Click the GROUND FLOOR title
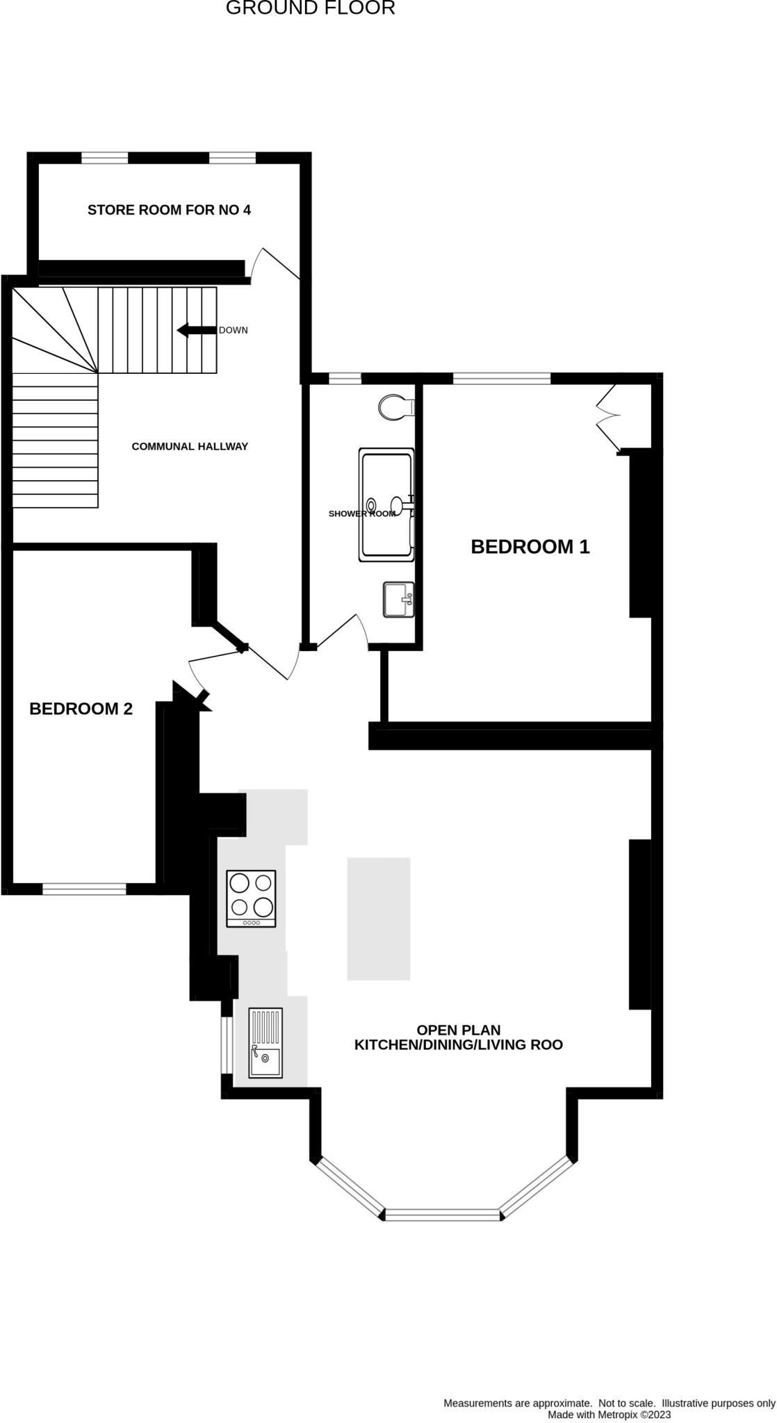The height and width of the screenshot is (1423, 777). [310, 8]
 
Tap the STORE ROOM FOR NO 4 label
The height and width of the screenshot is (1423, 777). [169, 210]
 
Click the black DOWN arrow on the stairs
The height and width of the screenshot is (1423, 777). [197, 330]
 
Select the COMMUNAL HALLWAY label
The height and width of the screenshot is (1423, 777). [190, 446]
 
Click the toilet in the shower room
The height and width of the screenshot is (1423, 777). [397, 408]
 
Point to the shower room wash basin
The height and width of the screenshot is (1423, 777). [398, 599]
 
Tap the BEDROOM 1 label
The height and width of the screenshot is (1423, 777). [530, 547]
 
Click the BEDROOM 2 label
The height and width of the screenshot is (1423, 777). [81, 709]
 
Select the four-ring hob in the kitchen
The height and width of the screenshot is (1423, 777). [251, 898]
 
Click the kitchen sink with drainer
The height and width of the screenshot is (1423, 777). [265, 1042]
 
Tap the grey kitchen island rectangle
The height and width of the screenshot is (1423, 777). [378, 919]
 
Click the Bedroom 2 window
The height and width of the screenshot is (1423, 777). [84, 888]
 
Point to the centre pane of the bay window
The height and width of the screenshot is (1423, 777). [442, 1215]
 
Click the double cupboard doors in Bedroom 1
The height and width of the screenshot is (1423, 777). [607, 418]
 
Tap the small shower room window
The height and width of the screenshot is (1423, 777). [345, 379]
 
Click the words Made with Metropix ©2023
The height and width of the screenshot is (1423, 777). [609, 1414]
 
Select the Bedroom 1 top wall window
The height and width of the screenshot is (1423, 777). [501, 379]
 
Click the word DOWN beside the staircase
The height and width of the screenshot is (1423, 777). [233, 330]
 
